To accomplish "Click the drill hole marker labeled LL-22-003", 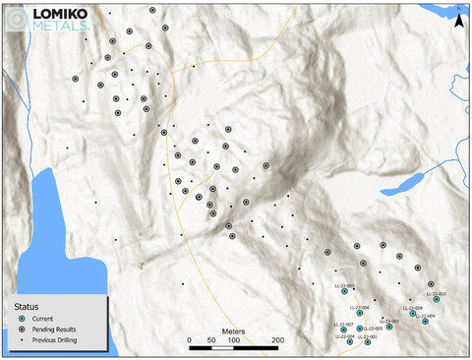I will tap(345, 290).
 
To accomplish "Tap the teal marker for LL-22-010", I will tap(436, 299).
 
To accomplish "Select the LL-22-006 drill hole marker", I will tap(360, 313).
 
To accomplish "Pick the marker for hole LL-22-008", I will tap(413, 313).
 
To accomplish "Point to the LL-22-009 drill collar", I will tap(425, 321).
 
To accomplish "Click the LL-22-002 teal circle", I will tap(389, 326).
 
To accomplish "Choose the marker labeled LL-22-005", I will tap(359, 329).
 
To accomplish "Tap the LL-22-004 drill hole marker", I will tap(350, 341).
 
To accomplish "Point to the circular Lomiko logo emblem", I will tap(17, 20).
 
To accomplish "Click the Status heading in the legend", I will tap(27, 305).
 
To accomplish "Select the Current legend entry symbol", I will tap(22, 317).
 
